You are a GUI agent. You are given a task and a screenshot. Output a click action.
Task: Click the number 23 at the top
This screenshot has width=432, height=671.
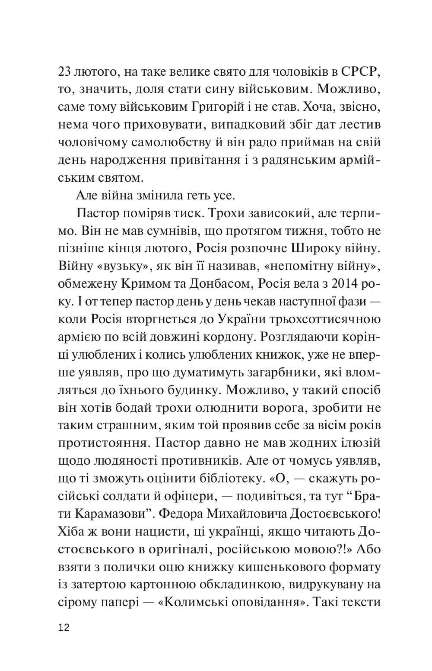point(64,72)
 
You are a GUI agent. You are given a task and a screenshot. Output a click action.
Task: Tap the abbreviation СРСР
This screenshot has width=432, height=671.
point(357,72)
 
